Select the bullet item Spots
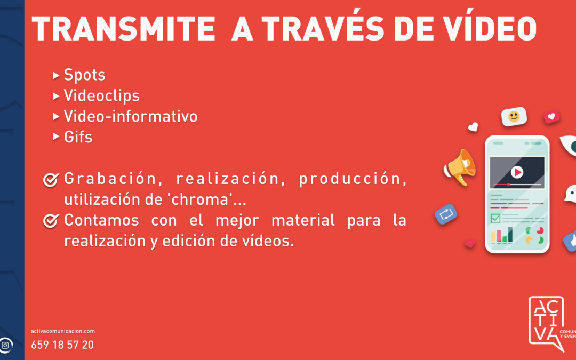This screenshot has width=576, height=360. click(85, 75)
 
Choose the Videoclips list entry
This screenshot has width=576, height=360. click(101, 96)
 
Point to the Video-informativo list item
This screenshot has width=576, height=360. click(131, 116)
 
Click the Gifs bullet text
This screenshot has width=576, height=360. click(78, 137)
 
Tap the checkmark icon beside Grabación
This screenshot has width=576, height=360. click(51, 180)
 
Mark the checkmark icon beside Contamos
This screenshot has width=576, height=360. click(51, 220)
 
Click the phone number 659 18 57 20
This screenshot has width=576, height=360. click(62, 345)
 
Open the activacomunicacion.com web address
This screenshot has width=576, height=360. click(63, 331)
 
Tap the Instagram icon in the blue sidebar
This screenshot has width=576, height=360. click(5, 345)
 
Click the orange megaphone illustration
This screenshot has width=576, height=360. click(460, 166)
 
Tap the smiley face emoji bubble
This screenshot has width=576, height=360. click(514, 117)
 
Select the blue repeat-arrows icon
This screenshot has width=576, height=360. click(446, 214)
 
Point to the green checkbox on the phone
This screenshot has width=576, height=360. click(495, 218)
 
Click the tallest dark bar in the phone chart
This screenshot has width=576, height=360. click(510, 235)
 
